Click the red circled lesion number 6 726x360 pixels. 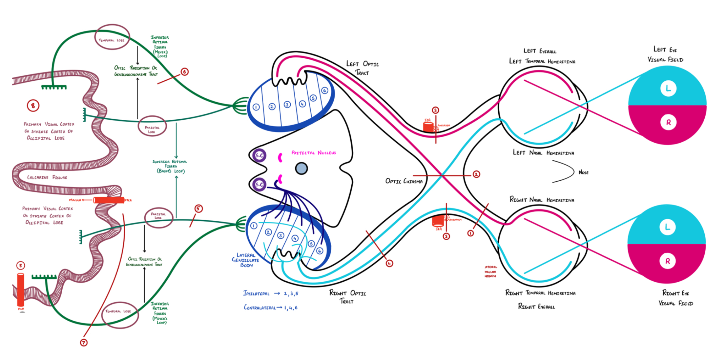pos(185,71)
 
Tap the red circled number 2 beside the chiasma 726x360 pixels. pos(476,174)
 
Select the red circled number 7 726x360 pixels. pos(84,343)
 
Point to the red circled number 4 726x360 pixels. pos(389,263)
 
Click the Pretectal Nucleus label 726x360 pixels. pos(314,153)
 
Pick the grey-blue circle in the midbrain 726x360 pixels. pos(301,169)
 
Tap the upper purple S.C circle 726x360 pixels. pos(259,155)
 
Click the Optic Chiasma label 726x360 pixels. pos(404,181)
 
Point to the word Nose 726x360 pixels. pos(583,172)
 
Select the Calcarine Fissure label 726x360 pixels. pos(47,177)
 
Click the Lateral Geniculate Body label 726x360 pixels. pos(245,260)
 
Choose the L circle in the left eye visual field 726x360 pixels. pos(668,88)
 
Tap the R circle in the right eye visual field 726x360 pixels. pos(668,261)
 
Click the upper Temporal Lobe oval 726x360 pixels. pos(112,37)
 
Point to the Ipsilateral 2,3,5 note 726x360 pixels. pos(270,293)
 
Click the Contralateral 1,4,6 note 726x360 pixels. pos(270,308)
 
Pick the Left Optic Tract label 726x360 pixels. pos(362,68)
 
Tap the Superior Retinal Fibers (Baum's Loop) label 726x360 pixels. pos(170,166)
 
